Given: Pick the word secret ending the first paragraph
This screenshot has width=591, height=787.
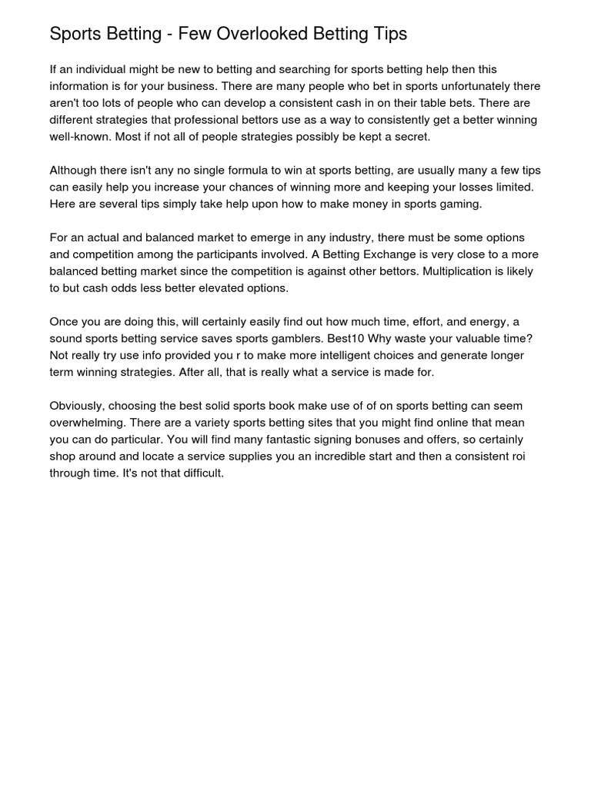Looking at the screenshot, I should pos(412,137).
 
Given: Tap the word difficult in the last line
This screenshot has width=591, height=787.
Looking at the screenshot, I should pos(197,473).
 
